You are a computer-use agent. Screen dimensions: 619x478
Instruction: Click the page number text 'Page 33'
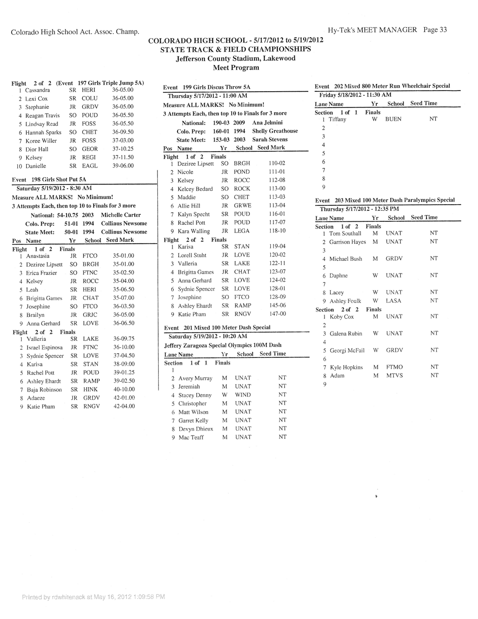(x=435, y=30)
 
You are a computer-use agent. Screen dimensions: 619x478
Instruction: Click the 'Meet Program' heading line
(x=236, y=68)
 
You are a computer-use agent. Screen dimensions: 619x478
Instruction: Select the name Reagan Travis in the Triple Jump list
(x=43, y=115)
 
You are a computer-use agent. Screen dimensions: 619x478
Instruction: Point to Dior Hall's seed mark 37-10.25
(x=123, y=149)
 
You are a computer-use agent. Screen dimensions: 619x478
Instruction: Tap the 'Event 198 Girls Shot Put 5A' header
(x=49, y=180)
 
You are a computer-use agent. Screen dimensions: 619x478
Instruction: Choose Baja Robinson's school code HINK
(x=90, y=390)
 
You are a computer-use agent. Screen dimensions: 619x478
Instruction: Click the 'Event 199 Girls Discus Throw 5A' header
(x=207, y=87)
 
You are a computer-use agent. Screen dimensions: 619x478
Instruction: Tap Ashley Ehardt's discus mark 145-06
(x=277, y=306)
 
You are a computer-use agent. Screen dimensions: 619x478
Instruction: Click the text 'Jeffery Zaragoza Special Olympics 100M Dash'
(x=223, y=345)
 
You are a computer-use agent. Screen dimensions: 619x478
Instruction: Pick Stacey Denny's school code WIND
(x=242, y=395)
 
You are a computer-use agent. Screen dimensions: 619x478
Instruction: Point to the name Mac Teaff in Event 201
(x=191, y=438)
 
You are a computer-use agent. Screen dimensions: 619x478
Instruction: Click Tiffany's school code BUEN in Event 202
(x=393, y=119)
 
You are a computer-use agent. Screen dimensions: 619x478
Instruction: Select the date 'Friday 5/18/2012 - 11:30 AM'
(x=355, y=95)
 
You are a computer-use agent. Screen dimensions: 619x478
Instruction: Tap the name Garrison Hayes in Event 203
(x=347, y=242)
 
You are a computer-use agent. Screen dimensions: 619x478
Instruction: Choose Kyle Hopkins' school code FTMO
(x=394, y=367)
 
